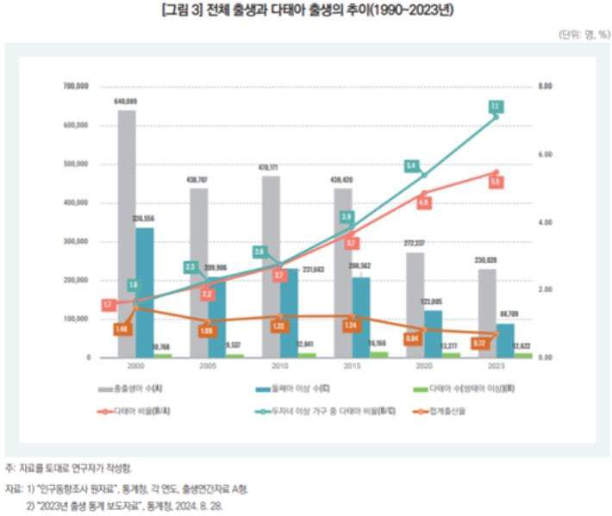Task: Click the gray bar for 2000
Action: click(126, 233)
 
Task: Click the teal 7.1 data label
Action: click(495, 107)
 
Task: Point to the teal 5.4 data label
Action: click(412, 165)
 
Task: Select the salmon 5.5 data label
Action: click(496, 183)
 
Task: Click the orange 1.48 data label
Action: click(122, 328)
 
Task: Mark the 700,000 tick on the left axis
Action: click(76, 87)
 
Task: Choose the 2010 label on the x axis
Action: click(271, 366)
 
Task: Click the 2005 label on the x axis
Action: click(198, 366)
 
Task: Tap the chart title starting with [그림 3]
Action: click(305, 10)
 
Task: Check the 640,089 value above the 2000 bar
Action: click(126, 102)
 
